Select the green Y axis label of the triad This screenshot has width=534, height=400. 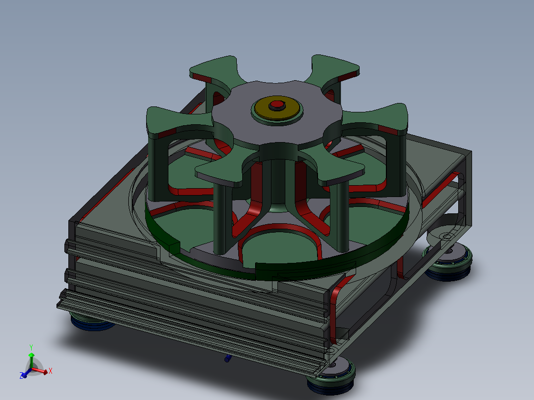coord(31,347)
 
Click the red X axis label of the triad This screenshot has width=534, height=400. coord(51,371)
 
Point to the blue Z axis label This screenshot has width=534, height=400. coord(22,376)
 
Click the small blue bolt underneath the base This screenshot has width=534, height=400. coord(227,358)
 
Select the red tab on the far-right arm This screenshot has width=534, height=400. coord(391,131)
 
